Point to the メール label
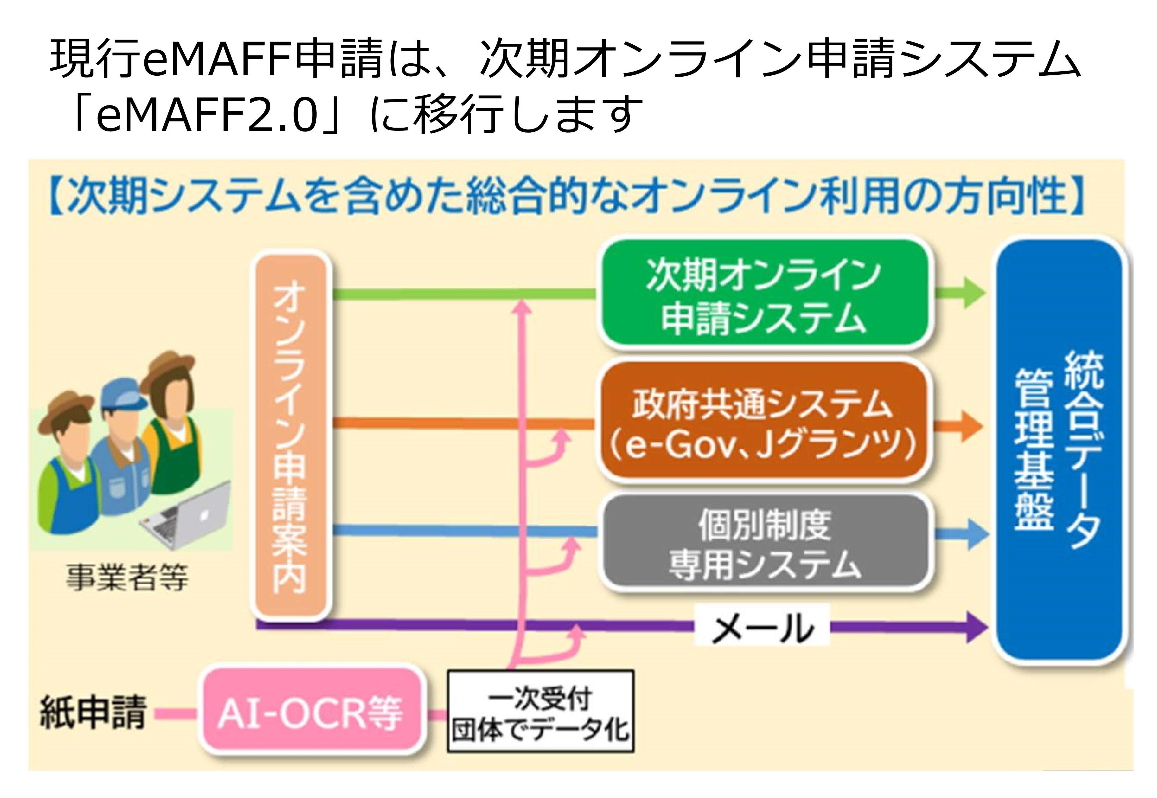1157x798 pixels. pos(762,628)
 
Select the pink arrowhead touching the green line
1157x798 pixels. pos(522,306)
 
